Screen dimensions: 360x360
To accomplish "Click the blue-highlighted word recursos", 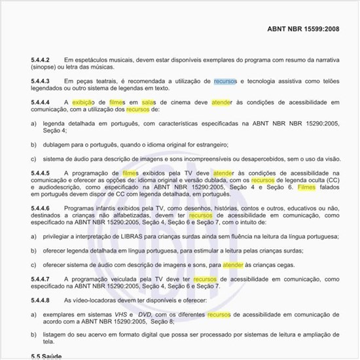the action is [225, 81].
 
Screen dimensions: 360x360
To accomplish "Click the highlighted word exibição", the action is [83, 103].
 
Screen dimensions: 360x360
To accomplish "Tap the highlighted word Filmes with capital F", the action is [306, 187].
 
